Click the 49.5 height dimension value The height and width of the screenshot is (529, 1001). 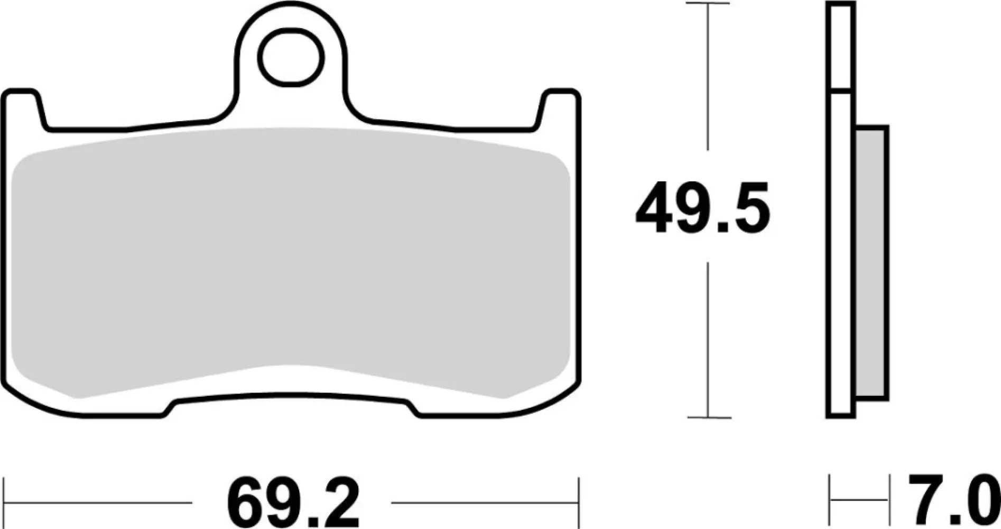(x=702, y=209)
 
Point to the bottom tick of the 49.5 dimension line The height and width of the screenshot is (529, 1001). (x=708, y=417)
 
